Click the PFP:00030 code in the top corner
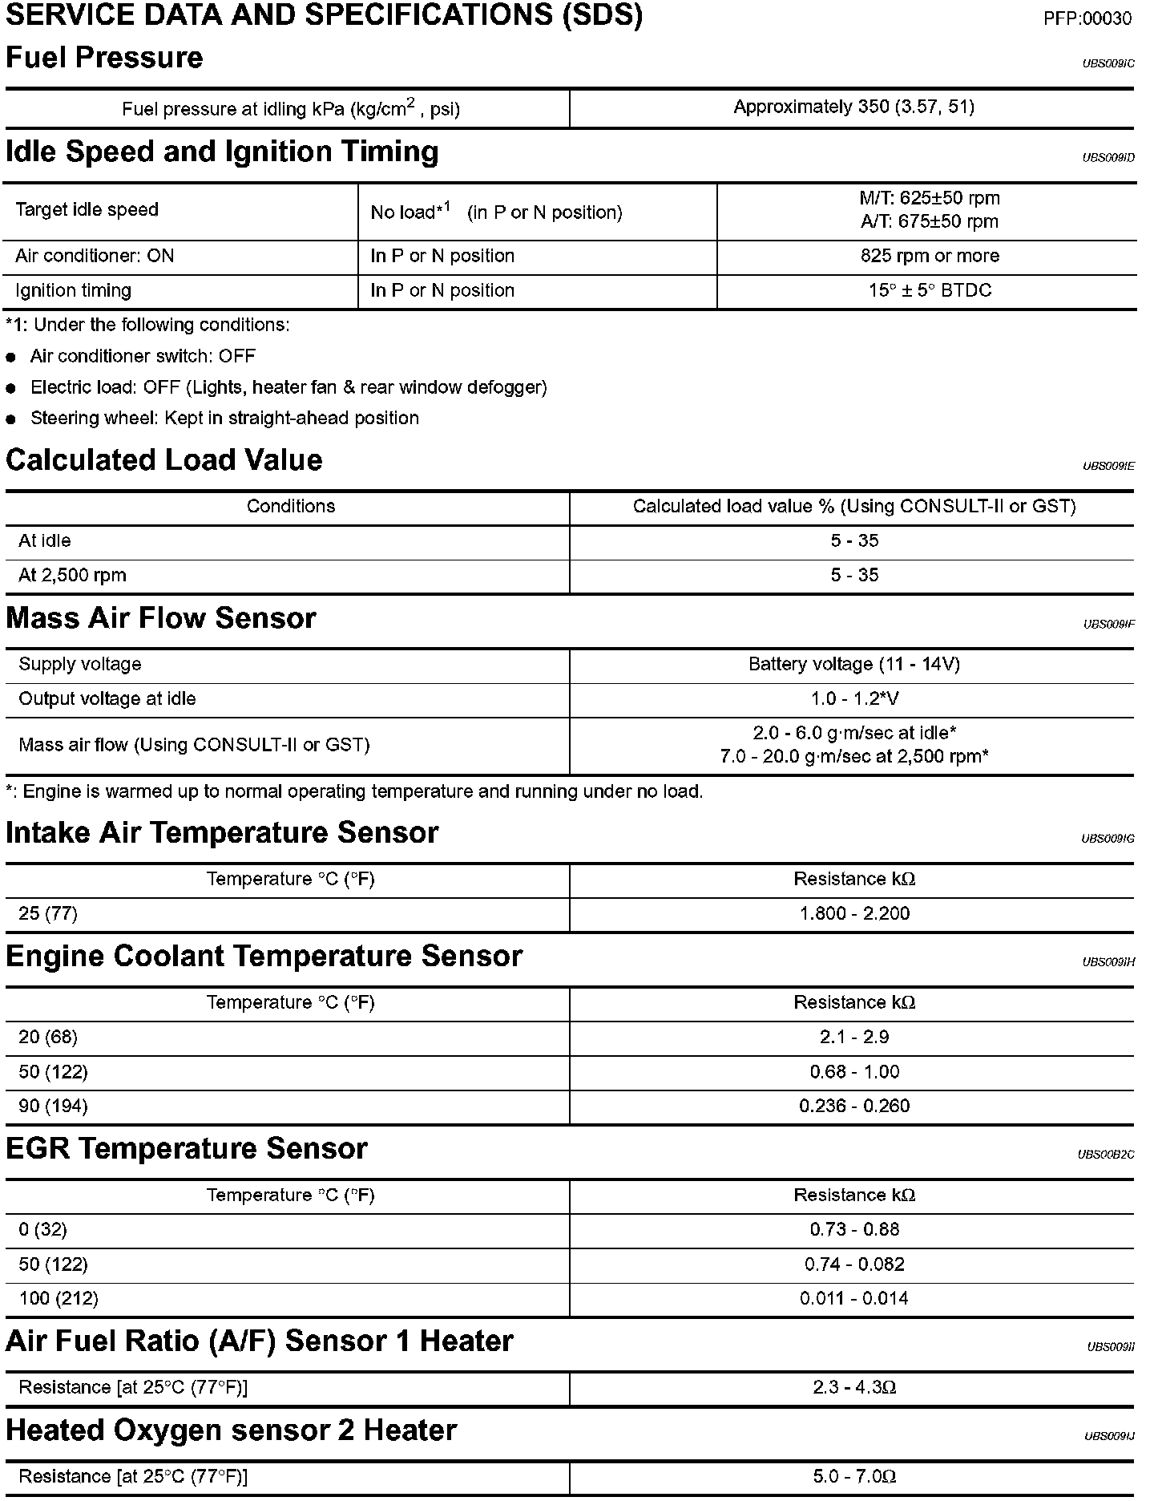tap(1087, 18)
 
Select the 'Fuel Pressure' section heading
tap(104, 58)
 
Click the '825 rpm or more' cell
tap(930, 256)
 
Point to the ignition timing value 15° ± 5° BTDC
tap(930, 290)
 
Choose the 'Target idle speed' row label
tap(87, 210)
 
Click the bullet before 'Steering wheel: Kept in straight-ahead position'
tap(11, 419)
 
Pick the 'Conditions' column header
tap(291, 507)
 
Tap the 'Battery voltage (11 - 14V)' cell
tap(853, 664)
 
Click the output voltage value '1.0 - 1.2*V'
tap(854, 698)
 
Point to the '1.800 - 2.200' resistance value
tap(854, 913)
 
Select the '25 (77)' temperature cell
tap(48, 913)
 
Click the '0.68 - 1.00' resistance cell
tap(854, 1071)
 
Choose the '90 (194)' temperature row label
tap(53, 1106)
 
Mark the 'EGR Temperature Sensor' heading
tap(186, 1148)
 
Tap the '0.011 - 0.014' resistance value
tap(854, 1298)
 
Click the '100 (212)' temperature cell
tap(59, 1298)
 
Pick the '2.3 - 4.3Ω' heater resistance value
tap(854, 1387)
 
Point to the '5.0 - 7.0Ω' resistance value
tap(854, 1476)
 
